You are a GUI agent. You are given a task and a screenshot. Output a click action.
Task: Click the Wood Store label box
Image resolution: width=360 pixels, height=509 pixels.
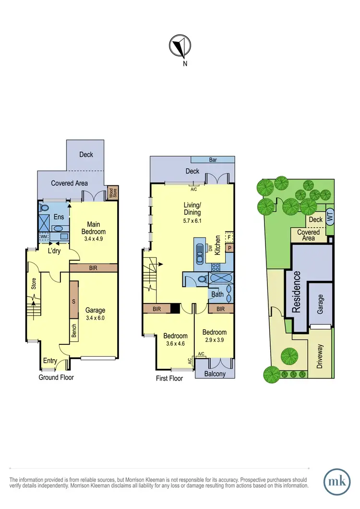[x=112, y=194]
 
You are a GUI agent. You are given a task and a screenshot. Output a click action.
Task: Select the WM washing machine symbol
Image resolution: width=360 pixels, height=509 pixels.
[x=44, y=237]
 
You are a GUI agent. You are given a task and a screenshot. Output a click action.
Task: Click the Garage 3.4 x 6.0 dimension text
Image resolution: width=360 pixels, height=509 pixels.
[x=95, y=318]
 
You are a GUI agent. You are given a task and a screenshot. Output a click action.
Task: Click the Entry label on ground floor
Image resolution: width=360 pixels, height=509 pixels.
[x=50, y=361]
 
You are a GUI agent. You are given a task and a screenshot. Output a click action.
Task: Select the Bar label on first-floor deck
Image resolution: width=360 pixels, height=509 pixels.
[x=212, y=159]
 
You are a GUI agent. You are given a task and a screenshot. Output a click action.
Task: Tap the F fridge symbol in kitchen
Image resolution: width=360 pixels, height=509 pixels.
[x=229, y=238]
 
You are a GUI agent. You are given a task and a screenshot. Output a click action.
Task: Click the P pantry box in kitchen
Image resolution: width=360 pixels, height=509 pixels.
[x=229, y=248]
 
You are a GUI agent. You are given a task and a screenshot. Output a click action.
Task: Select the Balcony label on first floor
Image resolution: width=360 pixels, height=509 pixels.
[x=215, y=374]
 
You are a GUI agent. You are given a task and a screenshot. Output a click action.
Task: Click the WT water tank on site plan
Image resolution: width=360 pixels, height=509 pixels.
[x=329, y=217]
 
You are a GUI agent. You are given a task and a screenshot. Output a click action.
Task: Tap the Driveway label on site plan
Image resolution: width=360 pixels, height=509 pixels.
[x=320, y=356]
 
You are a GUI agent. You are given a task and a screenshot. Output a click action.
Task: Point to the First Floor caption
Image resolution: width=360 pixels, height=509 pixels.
[x=169, y=378]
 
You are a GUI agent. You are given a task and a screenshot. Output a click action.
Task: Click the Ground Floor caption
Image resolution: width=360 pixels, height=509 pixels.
[x=56, y=377]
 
